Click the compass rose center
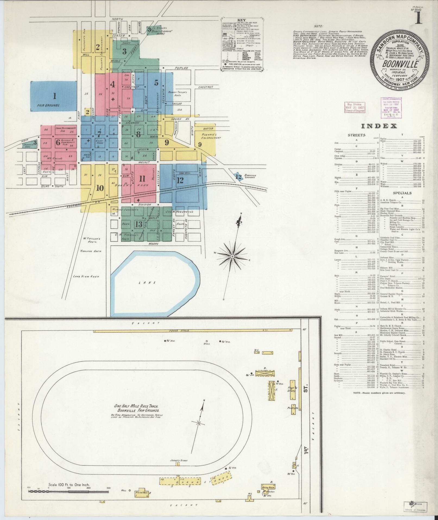(x=232, y=256)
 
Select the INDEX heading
(x=379, y=126)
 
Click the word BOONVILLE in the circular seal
(x=400, y=65)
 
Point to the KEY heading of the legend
(x=241, y=20)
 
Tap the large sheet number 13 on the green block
(x=139, y=224)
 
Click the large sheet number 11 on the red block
(x=142, y=179)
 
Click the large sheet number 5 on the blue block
(x=156, y=83)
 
